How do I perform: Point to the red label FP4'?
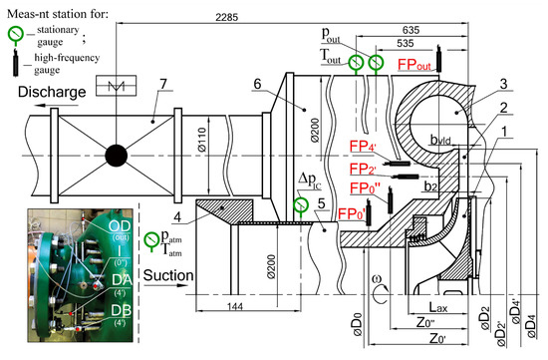364,146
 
